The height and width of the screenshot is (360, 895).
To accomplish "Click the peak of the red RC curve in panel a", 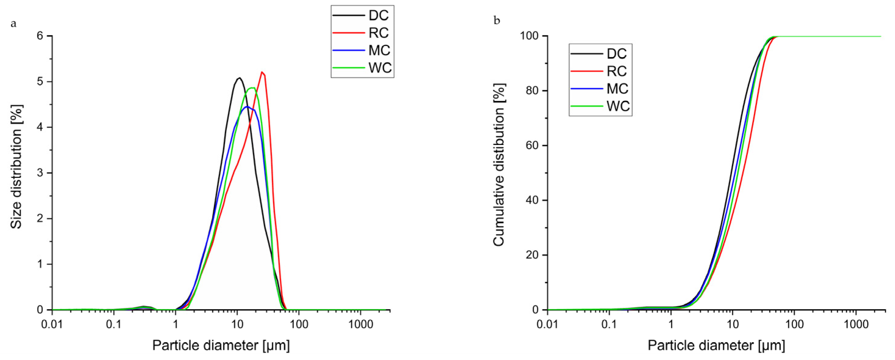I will pos(262,72).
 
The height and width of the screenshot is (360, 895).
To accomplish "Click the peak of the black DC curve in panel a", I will pos(239,78).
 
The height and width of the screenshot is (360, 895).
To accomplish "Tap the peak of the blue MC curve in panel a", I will pos(247,107).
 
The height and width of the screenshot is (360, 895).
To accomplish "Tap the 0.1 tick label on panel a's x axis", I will pos(114,325).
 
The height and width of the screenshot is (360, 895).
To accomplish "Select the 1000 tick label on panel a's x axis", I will pos(360,325).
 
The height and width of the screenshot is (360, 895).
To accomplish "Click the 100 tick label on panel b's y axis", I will pos(529,36).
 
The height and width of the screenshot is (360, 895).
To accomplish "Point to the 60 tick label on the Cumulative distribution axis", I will pos(532,146).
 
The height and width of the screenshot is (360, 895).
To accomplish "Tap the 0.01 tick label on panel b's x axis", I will pos(547,325).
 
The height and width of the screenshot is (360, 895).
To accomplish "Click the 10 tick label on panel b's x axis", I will pos(732,325).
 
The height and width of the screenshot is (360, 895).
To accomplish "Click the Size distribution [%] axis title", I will pos(16,167).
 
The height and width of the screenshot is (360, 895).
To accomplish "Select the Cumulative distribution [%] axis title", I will pos(499,165).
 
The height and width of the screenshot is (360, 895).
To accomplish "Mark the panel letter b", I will pos(497,21).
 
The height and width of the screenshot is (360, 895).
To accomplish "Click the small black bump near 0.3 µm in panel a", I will pos(143,306).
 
